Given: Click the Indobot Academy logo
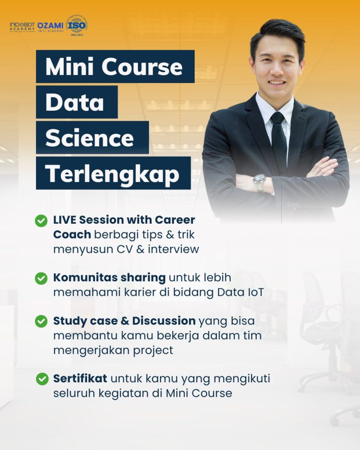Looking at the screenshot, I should (22, 26).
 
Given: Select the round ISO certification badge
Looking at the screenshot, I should (76, 25).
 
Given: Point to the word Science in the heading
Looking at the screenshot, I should (90, 138).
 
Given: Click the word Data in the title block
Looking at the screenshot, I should (75, 102).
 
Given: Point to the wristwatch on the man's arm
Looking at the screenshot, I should (259, 181).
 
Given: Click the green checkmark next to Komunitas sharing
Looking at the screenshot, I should (41, 278).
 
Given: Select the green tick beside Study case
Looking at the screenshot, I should (41, 321).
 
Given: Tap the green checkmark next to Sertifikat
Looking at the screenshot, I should (42, 379).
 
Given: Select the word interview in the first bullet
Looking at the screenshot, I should (173, 249).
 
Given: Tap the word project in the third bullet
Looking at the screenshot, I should (151, 350).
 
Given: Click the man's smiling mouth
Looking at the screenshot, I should (277, 82).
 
